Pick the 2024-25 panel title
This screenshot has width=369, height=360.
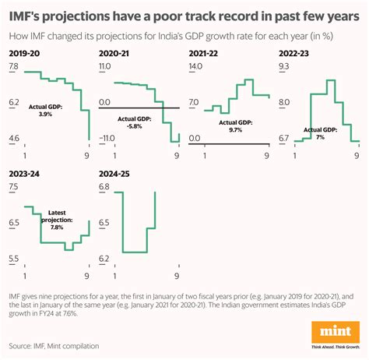point(116,173)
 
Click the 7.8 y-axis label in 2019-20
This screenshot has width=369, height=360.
point(14,68)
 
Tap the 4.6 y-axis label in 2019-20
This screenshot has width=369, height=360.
point(14,139)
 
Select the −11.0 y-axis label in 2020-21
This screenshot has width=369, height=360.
point(106,139)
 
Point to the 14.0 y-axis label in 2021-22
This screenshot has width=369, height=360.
point(195,68)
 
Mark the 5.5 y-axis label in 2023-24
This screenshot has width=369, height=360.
point(14,258)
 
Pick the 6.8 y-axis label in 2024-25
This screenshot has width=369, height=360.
point(104,188)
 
